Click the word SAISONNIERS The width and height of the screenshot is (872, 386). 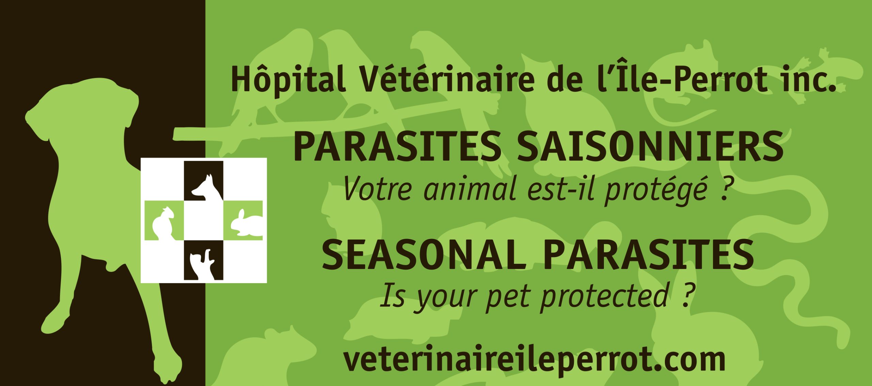[x=650, y=148]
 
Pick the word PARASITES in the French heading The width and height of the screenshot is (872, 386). [x=397, y=148]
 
